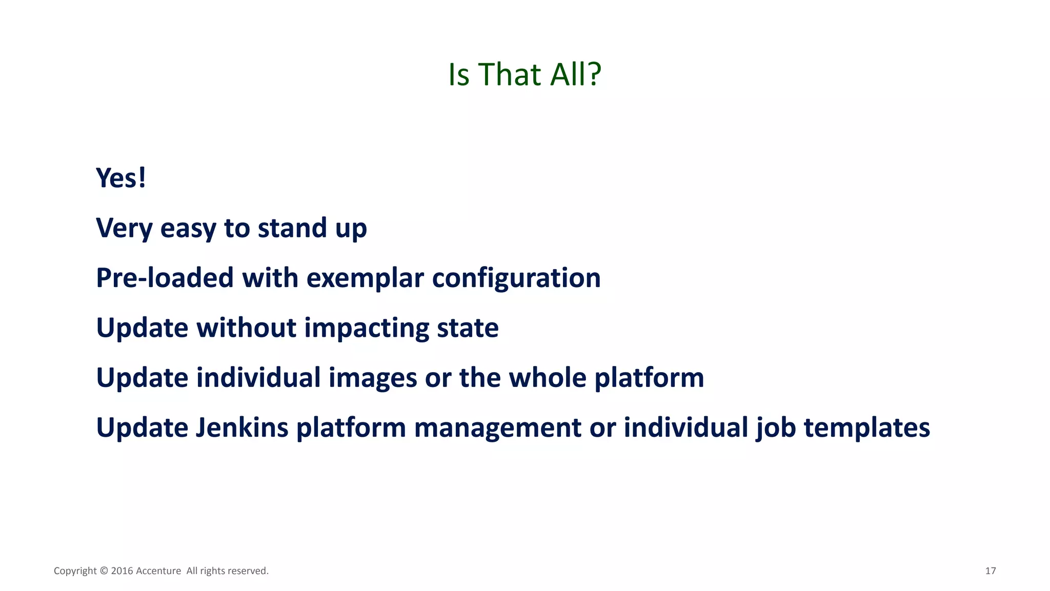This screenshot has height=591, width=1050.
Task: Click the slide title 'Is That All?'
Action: (x=524, y=74)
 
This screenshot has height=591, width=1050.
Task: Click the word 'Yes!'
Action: (x=121, y=178)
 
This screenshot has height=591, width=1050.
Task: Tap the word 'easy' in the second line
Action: (x=188, y=228)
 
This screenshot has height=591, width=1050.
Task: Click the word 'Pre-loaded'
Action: (x=165, y=278)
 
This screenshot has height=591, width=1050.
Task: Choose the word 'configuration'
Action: (x=516, y=278)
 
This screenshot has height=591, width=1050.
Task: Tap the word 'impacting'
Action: (x=367, y=328)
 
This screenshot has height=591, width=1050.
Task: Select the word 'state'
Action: (x=468, y=328)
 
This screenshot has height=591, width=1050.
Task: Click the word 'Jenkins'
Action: (x=242, y=427)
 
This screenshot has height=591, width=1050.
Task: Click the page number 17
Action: (x=990, y=571)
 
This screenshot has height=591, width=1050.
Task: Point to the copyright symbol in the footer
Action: (x=104, y=571)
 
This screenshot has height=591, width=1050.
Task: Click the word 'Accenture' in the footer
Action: (x=158, y=571)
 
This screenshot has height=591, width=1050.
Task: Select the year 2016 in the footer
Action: (x=122, y=571)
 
